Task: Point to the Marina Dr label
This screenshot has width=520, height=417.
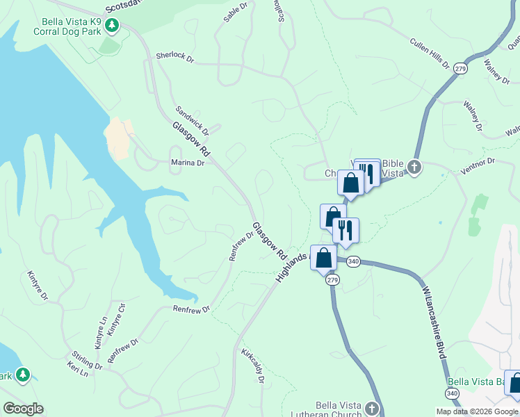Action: pyautogui.click(x=188, y=163)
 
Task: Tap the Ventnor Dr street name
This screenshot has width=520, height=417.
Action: pyautogui.click(x=476, y=164)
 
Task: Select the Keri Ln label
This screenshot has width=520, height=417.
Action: pyautogui.click(x=78, y=368)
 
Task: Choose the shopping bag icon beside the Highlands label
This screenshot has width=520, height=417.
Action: pyautogui.click(x=323, y=258)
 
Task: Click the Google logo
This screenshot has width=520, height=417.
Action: pyautogui.click(x=23, y=409)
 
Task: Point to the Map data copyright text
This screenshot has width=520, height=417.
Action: pyautogui.click(x=477, y=411)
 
